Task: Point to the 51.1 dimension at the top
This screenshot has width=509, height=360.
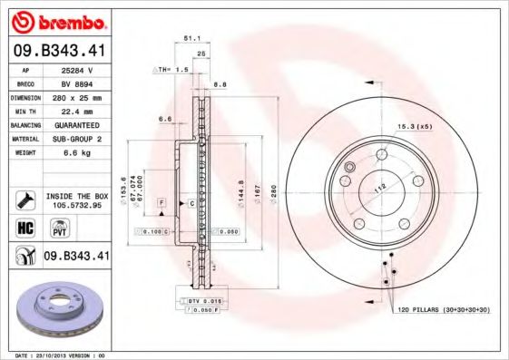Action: click(x=191, y=39)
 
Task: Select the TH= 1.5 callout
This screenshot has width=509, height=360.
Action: click(x=172, y=69)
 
